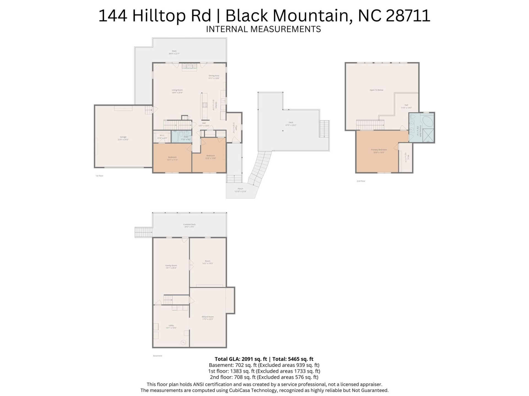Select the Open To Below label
[376, 90]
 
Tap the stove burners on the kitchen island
[204, 105]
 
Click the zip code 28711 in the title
[408, 16]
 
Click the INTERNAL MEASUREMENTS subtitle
[263, 29]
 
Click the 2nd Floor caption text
[361, 181]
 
